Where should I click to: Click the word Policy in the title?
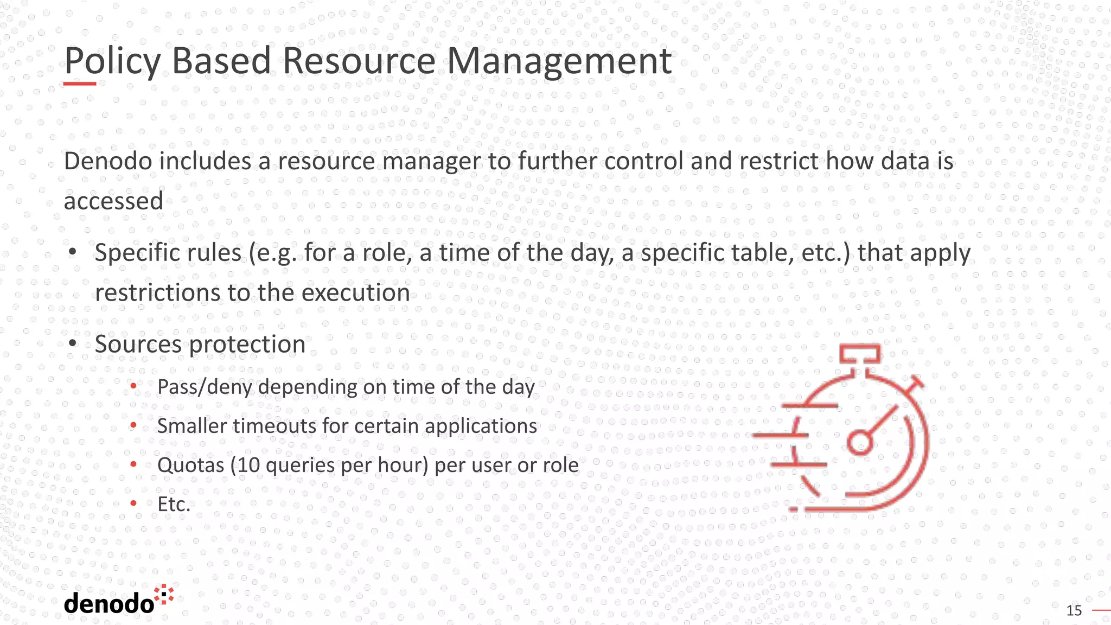[112, 61]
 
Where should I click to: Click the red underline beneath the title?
[80, 84]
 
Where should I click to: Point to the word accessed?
[113, 201]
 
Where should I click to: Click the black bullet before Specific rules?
[73, 253]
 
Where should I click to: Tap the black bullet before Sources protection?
[73, 344]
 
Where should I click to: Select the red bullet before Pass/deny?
[133, 387]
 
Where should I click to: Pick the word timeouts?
[274, 426]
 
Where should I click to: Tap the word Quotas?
[190, 465]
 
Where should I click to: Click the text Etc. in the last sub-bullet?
[174, 504]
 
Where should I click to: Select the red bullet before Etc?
[133, 504]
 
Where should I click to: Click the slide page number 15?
[1074, 611]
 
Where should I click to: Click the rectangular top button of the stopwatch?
[860, 354]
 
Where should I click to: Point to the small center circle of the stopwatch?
[860, 442]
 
